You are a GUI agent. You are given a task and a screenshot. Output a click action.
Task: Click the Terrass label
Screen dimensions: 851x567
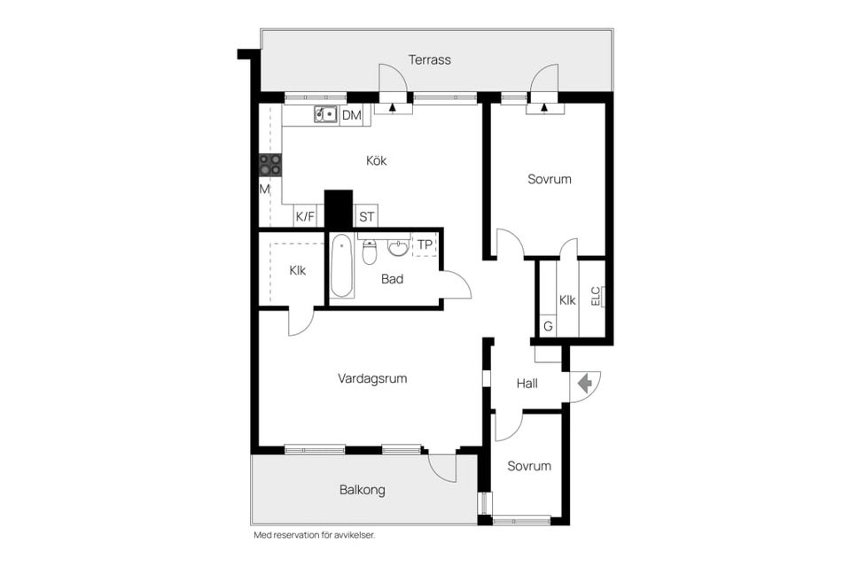click(x=429, y=59)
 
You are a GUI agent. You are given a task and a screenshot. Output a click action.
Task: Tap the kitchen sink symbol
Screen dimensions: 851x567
click(x=325, y=115)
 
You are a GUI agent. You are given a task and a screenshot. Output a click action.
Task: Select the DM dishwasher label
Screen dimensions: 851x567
click(x=352, y=115)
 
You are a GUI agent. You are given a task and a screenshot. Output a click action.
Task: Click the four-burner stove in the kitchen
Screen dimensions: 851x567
click(x=270, y=165)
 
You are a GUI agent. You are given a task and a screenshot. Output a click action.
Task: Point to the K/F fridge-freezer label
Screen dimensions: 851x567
click(x=305, y=217)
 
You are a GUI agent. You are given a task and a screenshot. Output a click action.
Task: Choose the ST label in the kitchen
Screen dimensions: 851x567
click(x=366, y=217)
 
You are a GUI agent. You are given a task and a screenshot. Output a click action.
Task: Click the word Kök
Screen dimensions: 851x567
click(x=376, y=160)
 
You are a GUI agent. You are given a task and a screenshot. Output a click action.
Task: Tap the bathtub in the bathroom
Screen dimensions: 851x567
click(x=342, y=266)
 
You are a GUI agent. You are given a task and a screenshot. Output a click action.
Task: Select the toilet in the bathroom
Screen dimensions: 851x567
click(x=370, y=252)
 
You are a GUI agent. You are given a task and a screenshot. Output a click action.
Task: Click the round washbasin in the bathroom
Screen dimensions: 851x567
click(x=398, y=248)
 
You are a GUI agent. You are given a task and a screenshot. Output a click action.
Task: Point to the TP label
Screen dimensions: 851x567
click(x=425, y=245)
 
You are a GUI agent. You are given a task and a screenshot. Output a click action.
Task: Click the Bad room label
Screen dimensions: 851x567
click(x=392, y=279)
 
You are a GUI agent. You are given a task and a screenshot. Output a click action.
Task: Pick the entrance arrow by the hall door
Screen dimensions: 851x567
click(x=584, y=384)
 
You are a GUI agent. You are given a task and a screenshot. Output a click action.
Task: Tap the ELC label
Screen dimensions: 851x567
click(x=596, y=296)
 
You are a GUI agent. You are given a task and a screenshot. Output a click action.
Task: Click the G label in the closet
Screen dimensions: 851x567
click(x=548, y=327)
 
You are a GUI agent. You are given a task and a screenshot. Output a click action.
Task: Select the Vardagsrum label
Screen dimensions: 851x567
click(x=372, y=378)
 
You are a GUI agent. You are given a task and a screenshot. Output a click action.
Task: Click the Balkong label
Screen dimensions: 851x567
click(x=362, y=490)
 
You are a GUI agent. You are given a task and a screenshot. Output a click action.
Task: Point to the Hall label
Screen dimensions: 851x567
click(x=527, y=384)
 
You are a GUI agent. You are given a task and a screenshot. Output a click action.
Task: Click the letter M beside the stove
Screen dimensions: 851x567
click(x=264, y=190)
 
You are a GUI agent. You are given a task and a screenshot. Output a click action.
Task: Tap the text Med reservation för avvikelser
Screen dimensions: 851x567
click(x=314, y=535)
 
